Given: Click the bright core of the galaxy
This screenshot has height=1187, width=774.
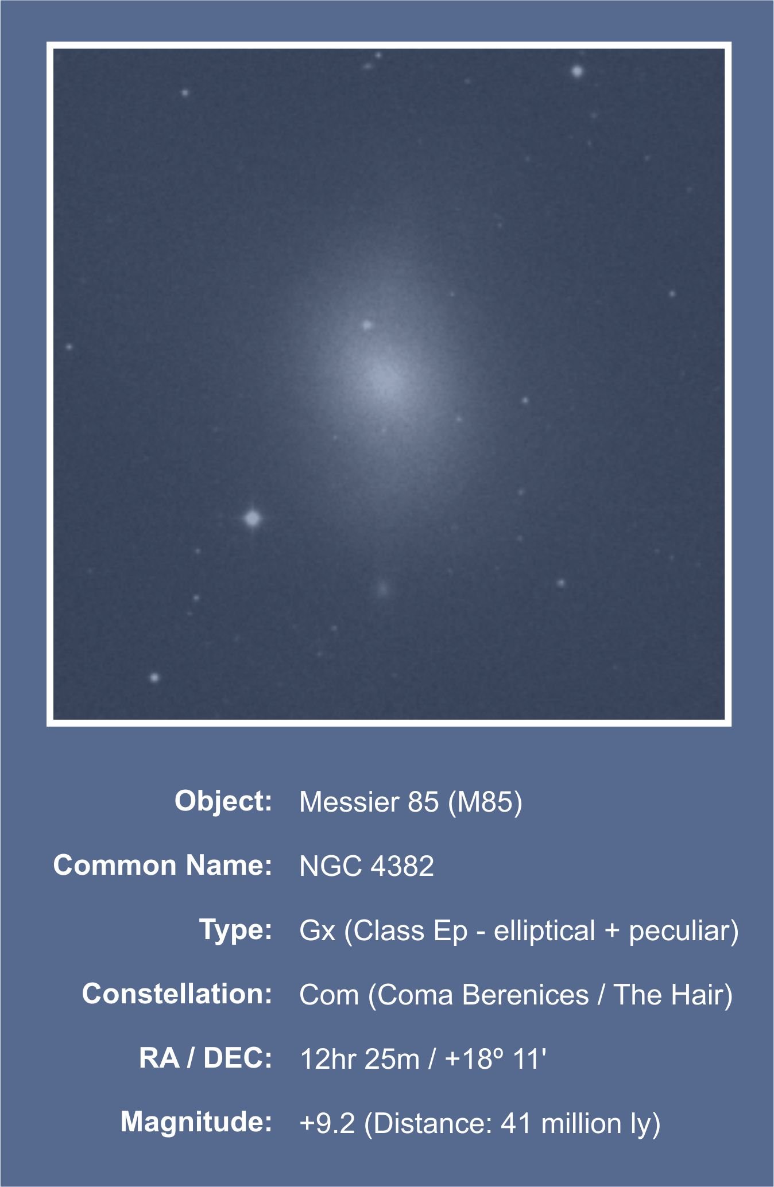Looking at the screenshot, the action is [x=384, y=379].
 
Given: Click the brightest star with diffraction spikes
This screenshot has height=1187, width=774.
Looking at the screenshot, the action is [x=252, y=518].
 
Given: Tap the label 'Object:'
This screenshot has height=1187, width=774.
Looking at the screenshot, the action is [x=223, y=801].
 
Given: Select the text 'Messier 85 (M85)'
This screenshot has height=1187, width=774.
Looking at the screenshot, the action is [x=411, y=802].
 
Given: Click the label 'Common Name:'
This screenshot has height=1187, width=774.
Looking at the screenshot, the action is [x=162, y=865].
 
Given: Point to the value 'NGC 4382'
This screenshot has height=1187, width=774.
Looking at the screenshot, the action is [x=366, y=866].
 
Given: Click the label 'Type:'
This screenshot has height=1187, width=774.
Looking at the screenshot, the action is [x=235, y=929].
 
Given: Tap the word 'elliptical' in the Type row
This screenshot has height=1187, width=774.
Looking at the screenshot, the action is [x=544, y=930].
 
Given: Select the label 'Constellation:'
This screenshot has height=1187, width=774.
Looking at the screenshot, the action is [x=177, y=994].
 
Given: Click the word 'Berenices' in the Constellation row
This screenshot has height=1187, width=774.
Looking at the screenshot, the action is [x=525, y=995].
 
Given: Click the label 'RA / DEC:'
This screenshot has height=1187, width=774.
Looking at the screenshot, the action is [x=206, y=1058].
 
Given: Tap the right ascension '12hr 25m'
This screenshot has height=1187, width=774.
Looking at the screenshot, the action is [x=360, y=1059].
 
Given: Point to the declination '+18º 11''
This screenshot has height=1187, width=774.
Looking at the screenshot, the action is [x=496, y=1059].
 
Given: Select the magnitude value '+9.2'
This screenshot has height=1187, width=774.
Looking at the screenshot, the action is [x=327, y=1123].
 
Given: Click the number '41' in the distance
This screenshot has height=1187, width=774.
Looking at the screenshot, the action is [x=516, y=1123].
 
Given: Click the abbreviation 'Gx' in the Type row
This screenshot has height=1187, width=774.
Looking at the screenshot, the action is [x=318, y=930].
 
